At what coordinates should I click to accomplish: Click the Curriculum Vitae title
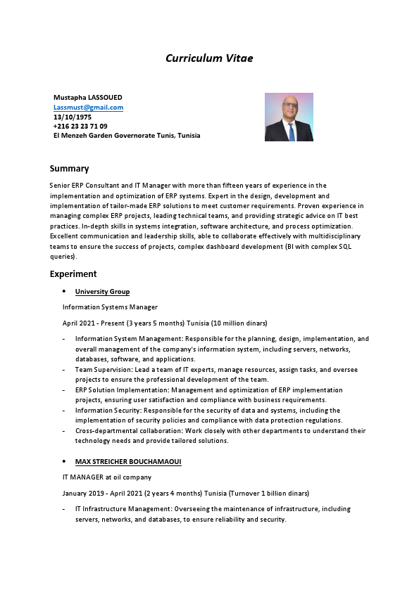pyautogui.click(x=209, y=58)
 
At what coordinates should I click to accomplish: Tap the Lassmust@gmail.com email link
pyautogui.click(x=89, y=107)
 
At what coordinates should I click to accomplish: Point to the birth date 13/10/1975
pyautogui.click(x=73, y=117)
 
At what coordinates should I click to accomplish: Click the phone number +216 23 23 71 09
pyautogui.click(x=80, y=126)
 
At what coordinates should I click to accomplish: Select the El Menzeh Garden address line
pyautogui.click(x=127, y=136)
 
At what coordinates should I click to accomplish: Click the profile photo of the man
pyautogui.click(x=289, y=117)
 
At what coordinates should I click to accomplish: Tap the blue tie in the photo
pyautogui.click(x=291, y=131)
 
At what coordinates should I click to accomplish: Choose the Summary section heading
pyautogui.click(x=69, y=169)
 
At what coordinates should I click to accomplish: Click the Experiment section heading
pyautogui.click(x=73, y=274)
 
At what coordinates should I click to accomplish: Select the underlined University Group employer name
pyautogui.click(x=102, y=292)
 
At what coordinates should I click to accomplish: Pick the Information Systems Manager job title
pyautogui.click(x=110, y=307)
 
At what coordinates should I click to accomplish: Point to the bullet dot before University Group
pyautogui.click(x=64, y=291)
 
